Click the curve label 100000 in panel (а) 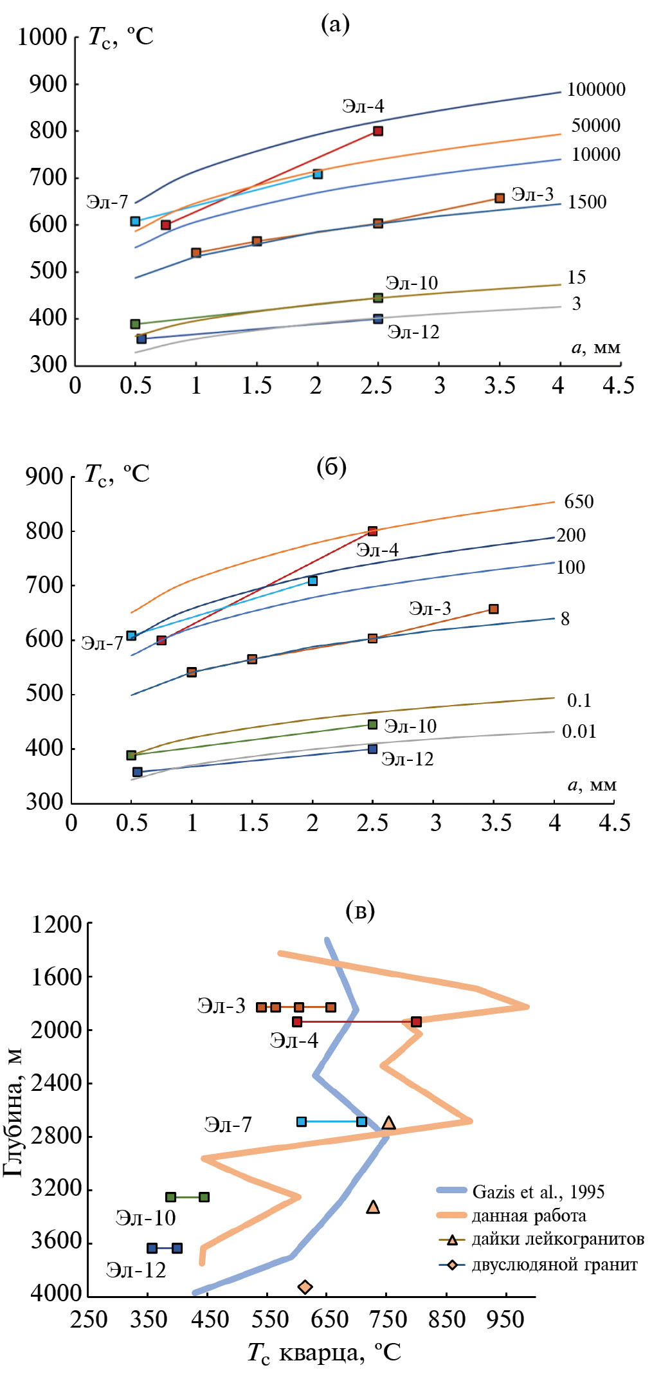[595, 90]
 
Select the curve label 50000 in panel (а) [595, 125]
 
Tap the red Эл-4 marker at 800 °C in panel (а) [378, 131]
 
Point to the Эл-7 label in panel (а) [107, 203]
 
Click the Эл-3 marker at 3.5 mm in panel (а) [500, 198]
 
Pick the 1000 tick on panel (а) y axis [42, 37]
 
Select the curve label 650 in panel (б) [579, 502]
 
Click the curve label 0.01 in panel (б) [579, 732]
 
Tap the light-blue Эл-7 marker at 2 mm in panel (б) [312, 581]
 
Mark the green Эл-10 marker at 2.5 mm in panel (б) [372, 724]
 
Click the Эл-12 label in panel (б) [407, 760]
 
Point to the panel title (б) [331, 468]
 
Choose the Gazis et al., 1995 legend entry [538, 1192]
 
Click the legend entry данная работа [529, 1216]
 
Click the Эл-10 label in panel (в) [145, 1218]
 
